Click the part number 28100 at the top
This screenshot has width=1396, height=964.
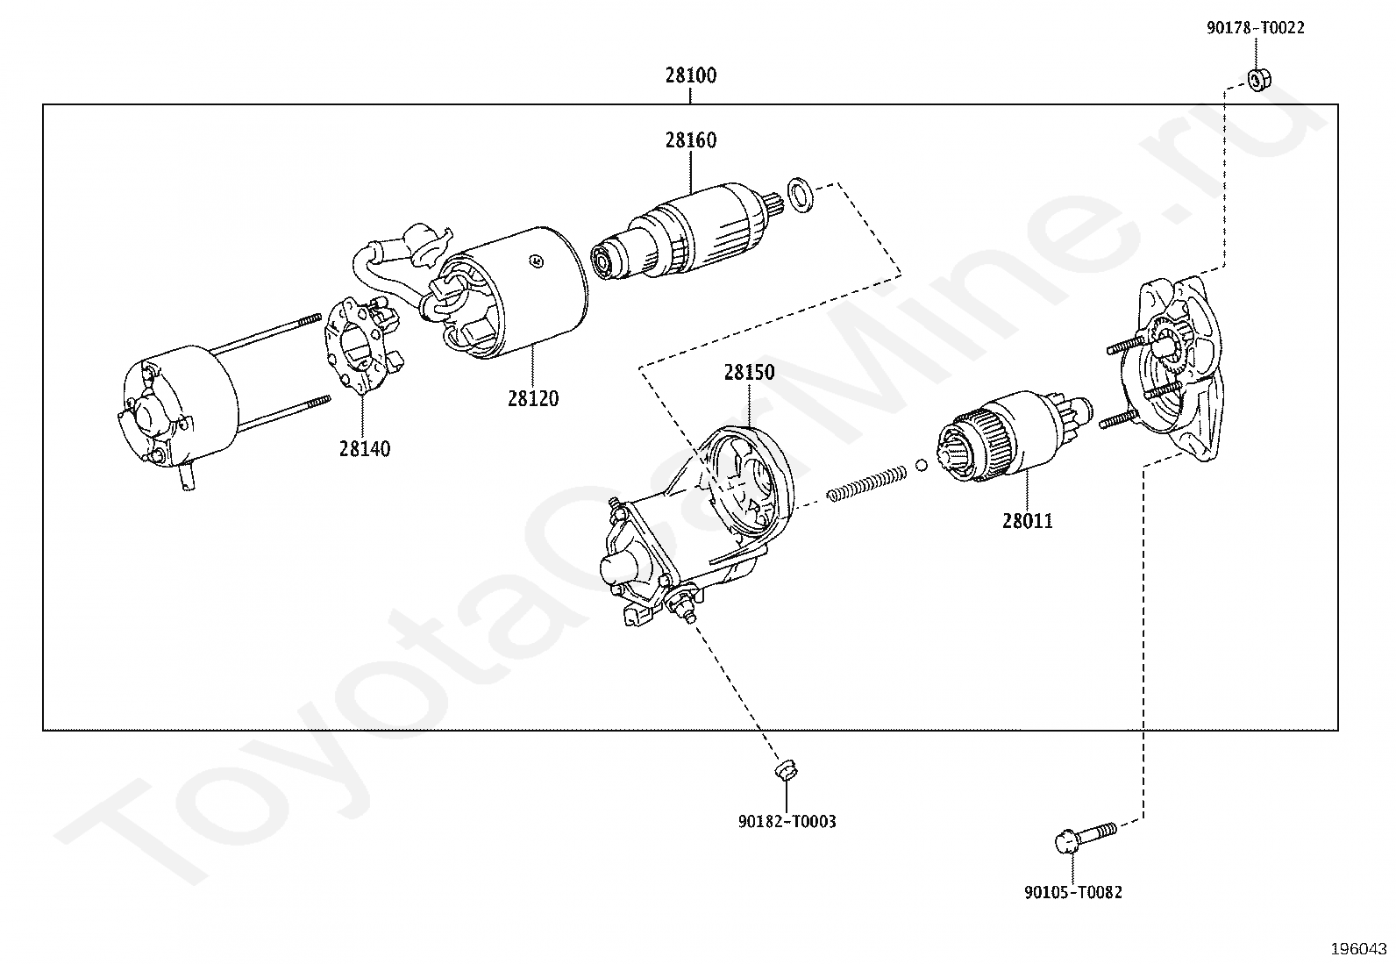(x=690, y=75)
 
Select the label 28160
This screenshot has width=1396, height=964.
(x=690, y=140)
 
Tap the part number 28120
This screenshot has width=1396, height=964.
(x=532, y=398)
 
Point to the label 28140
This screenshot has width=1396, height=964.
(x=365, y=449)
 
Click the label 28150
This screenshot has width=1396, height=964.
(x=749, y=372)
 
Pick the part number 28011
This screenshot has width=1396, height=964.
(x=1028, y=521)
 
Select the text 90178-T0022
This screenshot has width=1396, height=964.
(x=1255, y=28)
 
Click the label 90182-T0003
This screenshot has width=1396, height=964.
(x=787, y=822)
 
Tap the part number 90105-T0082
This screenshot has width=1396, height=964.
(x=1072, y=892)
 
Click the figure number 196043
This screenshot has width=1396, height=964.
(x=1357, y=949)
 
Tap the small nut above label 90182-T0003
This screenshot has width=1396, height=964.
(x=785, y=771)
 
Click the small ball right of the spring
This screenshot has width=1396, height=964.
(x=922, y=465)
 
